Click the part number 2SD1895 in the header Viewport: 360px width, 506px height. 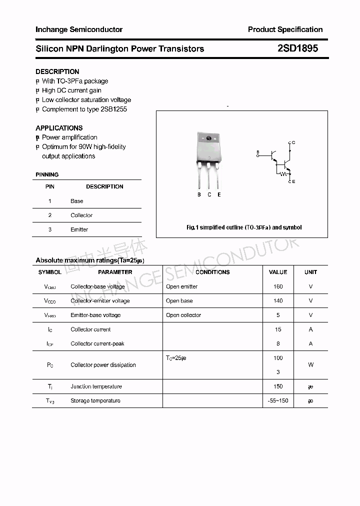(297, 48)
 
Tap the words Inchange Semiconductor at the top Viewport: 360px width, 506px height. (79, 29)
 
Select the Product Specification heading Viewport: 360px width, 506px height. (285, 29)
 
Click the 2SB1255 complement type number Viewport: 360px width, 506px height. (113, 109)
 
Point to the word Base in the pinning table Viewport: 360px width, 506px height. (77, 201)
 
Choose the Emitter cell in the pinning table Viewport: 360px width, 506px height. (79, 229)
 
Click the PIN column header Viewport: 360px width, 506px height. (50, 186)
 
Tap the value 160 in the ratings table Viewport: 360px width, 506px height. (278, 286)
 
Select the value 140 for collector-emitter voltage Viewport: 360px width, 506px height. (278, 301)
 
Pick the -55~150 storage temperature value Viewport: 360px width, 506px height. (278, 400)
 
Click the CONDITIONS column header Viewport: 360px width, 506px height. (212, 272)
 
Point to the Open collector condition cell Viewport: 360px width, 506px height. (183, 315)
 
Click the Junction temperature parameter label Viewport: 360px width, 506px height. (96, 386)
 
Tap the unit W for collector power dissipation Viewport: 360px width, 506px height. (310, 365)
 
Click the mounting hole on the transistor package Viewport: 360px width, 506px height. (209, 138)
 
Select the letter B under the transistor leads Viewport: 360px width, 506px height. (199, 194)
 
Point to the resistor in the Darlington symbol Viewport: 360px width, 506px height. (283, 174)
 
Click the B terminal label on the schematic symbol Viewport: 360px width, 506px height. (258, 151)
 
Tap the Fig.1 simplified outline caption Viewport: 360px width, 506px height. (244, 227)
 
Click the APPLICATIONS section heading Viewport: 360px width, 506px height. (59, 128)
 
